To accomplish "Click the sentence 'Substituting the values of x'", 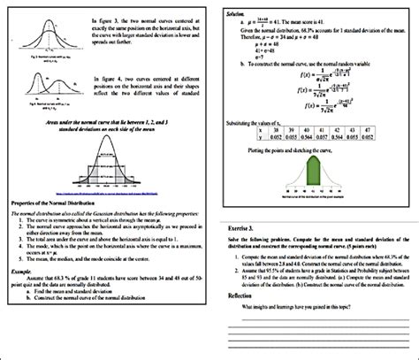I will (264, 114).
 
